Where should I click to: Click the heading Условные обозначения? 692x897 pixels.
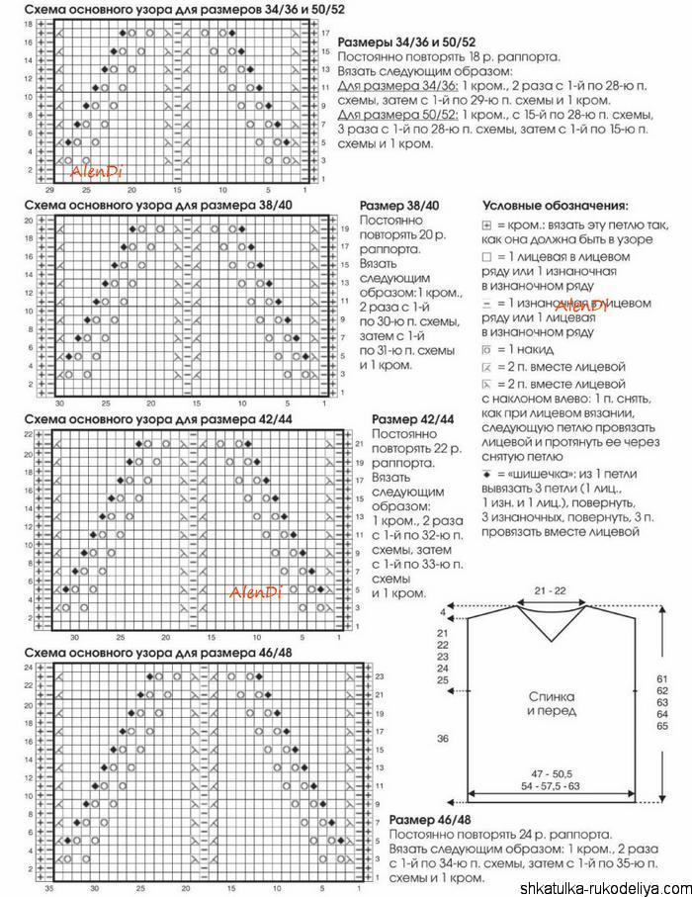tap(555, 207)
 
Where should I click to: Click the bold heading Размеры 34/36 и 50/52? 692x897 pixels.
tap(407, 44)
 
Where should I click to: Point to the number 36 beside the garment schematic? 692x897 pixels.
tap(443, 739)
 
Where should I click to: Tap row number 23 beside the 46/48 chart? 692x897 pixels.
tap(381, 676)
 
